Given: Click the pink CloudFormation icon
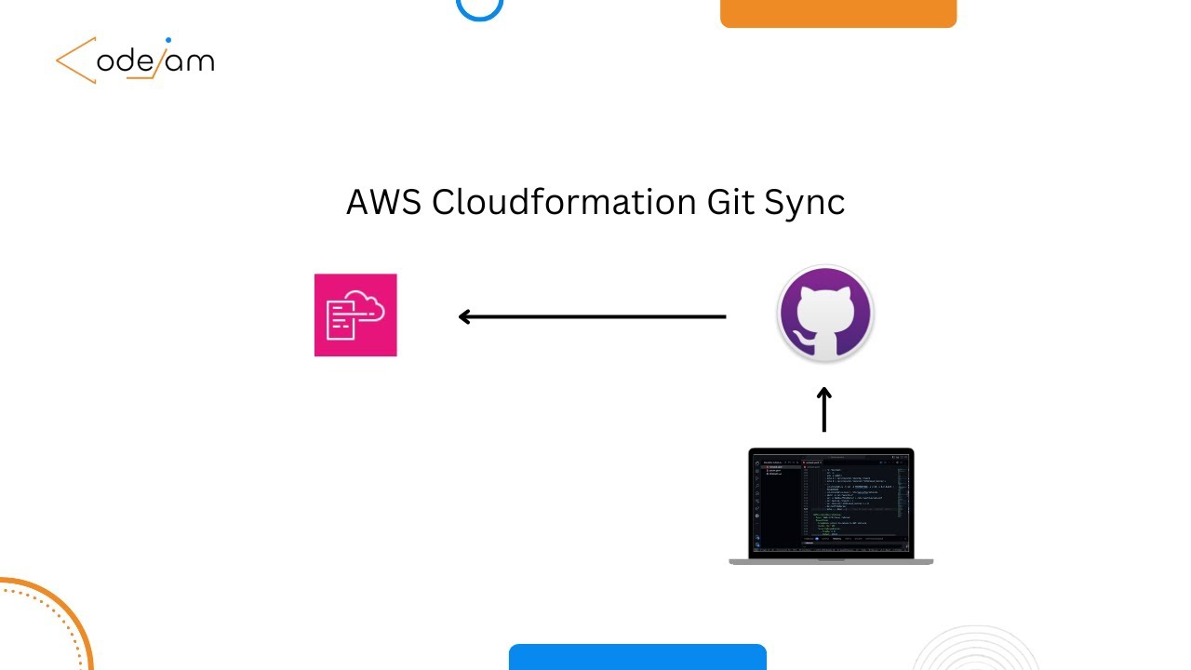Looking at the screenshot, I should click(x=355, y=315).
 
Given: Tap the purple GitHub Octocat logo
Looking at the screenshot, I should click(x=824, y=314).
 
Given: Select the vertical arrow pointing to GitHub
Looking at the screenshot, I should click(x=823, y=410).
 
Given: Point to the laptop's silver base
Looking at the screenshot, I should click(x=831, y=561).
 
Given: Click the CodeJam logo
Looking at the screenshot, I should click(x=135, y=61).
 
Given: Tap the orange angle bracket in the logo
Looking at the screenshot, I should click(x=74, y=60).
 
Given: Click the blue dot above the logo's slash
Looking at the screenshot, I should click(x=168, y=41).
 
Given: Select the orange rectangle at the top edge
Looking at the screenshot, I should click(x=837, y=12).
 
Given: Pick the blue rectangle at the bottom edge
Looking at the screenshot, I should click(x=637, y=657).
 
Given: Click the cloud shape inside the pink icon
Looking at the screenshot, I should click(x=367, y=305).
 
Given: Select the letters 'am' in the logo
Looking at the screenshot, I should click(x=194, y=62).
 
